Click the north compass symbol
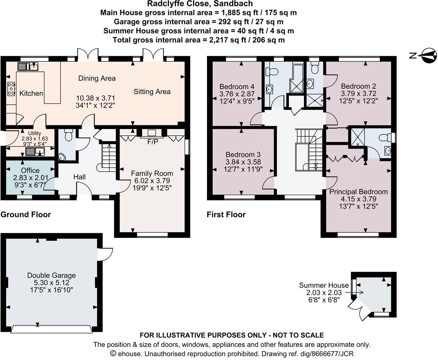click(x=429, y=55)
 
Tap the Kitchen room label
click(x=31, y=93)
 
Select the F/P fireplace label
click(x=152, y=142)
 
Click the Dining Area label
click(x=97, y=78)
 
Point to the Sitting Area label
click(x=152, y=91)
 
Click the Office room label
click(x=30, y=170)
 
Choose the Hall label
click(x=79, y=177)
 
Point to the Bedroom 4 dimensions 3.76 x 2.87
click(x=237, y=93)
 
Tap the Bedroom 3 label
click(x=243, y=154)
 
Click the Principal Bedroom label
click(x=358, y=192)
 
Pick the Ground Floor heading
click(x=26, y=215)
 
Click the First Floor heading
click(x=226, y=215)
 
